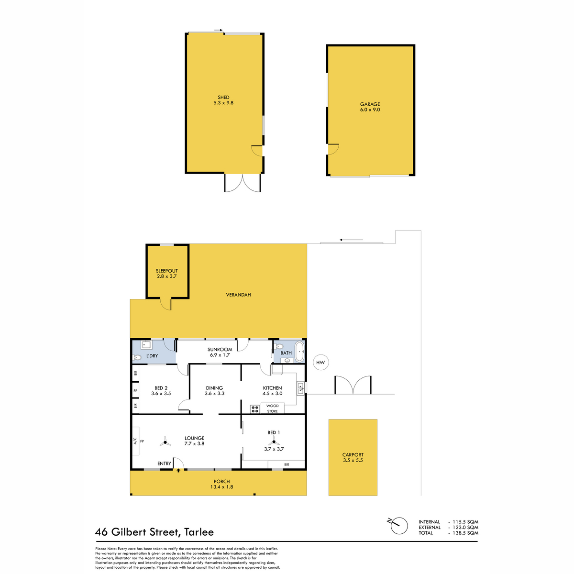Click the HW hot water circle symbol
coord(320,362)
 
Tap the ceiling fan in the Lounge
coord(165,442)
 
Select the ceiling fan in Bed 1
coord(274,442)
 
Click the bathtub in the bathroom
coord(299,352)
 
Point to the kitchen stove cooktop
coord(254,409)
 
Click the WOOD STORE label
coord(272,408)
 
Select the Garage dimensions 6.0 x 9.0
coord(370,110)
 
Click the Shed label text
coord(223,97)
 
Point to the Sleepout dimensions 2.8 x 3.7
coord(167,276)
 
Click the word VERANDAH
coord(238,295)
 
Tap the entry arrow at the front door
coord(178,470)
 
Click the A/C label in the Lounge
coord(135,441)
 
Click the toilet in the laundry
coord(137,357)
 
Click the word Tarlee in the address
coord(199,532)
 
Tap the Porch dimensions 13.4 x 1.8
coord(221,487)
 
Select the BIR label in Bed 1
coord(287,464)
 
